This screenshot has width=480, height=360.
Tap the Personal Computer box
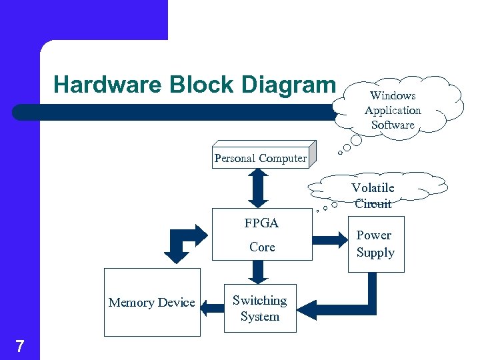click(261, 158)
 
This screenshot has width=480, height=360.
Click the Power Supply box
click(375, 244)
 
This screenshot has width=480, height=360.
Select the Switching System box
click(259, 309)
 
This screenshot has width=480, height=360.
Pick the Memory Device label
click(152, 303)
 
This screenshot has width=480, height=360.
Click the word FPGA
click(261, 223)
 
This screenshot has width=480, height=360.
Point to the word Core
click(262, 247)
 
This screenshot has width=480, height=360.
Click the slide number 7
click(19, 346)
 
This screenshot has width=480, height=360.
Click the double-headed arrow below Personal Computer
click(257, 189)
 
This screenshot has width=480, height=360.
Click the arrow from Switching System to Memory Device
click(213, 307)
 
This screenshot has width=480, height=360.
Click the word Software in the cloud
click(393, 125)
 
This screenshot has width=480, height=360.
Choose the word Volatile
click(373, 188)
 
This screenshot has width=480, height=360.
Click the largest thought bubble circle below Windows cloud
click(357, 141)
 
